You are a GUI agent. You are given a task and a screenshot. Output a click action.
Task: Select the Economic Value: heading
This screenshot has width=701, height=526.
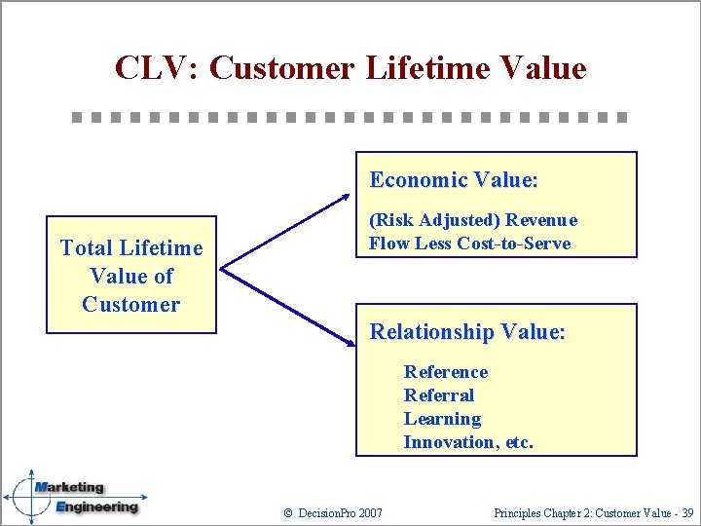point(454,180)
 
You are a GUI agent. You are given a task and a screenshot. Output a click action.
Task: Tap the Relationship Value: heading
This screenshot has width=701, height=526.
point(467,332)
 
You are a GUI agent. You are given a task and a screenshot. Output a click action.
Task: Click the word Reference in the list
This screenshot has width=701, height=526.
point(446,372)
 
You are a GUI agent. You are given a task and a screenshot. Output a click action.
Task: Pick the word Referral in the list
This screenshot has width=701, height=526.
point(439,395)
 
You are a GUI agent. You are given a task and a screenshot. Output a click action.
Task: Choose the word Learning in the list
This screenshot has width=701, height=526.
point(442,419)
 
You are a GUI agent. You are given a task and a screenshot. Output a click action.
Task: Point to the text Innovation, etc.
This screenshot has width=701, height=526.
point(468,442)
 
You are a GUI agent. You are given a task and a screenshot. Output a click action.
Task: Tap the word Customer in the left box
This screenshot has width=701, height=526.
point(131,304)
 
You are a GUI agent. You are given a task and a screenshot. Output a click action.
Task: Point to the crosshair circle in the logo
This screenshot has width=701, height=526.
point(30,497)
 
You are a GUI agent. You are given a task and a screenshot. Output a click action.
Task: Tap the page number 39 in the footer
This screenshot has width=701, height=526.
point(686,512)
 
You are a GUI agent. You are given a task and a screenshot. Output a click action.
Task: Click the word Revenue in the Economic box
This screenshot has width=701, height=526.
point(540,220)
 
